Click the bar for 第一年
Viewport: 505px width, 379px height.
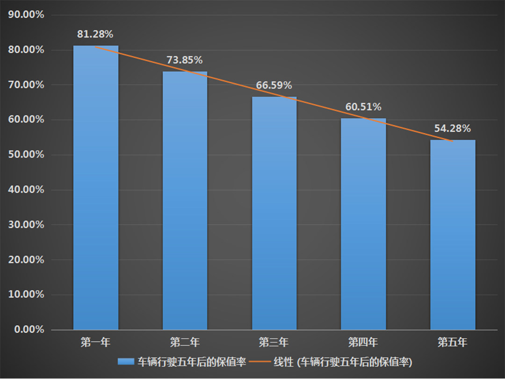coord(96,187)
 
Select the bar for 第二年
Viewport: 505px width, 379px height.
coord(185,201)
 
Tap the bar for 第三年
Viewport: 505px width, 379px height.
coord(274,213)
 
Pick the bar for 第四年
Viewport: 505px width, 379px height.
coord(363,224)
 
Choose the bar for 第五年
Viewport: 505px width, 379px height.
coord(453,234)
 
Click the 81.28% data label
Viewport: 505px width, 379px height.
coord(95,34)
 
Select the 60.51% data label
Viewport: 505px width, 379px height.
coord(363,107)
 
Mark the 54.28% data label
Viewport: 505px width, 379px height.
coord(452,129)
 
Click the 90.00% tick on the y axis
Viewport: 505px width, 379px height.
coord(26,15)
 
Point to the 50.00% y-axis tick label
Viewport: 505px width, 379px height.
coord(26,155)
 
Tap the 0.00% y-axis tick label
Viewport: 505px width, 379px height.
coord(29,329)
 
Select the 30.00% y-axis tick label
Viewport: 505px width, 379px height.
coord(26,225)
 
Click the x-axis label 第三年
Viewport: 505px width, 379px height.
coord(274,343)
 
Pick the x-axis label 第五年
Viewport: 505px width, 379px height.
coord(452,343)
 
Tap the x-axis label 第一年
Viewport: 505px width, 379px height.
coord(95,343)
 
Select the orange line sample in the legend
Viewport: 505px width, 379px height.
coord(259,362)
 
